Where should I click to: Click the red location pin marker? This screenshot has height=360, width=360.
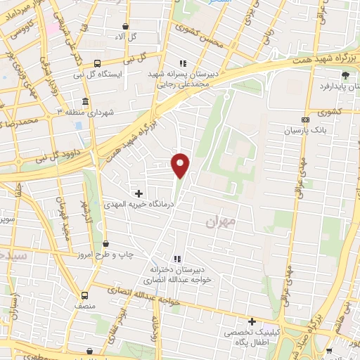click(181, 165)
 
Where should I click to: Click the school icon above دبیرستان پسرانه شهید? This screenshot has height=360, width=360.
click(184, 62)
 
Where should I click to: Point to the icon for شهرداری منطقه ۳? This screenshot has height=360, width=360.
click(85, 101)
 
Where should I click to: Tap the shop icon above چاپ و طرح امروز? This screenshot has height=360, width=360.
click(105, 243)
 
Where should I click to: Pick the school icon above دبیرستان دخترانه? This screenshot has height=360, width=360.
click(178, 259)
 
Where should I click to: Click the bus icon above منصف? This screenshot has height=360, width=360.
click(85, 296)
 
